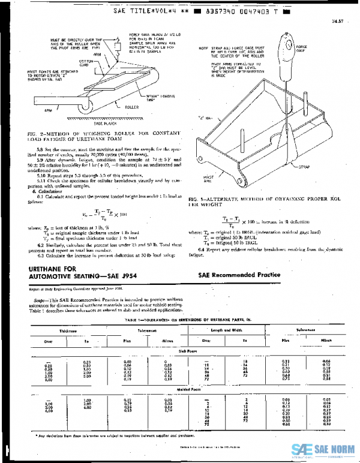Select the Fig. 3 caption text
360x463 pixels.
click(264, 201)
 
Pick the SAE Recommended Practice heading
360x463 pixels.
click(239, 275)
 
